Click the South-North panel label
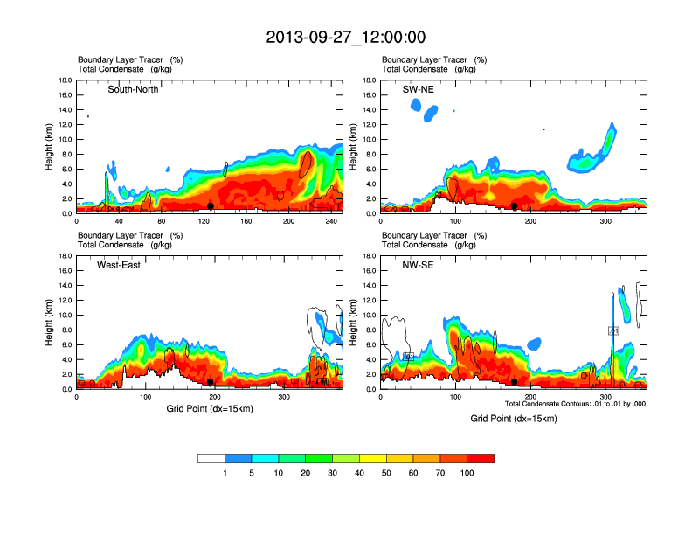pos(133,89)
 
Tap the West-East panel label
pos(119,265)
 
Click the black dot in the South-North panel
pos(211,206)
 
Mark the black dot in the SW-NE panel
pos(515,206)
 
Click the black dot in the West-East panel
pos(211,382)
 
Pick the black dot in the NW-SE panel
pos(515,382)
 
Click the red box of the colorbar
pos(481,458)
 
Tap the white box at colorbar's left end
pos(211,458)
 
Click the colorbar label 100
pos(467,473)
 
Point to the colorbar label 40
pos(360,473)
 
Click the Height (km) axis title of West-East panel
pos(51,323)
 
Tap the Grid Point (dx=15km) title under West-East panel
pos(210,408)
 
